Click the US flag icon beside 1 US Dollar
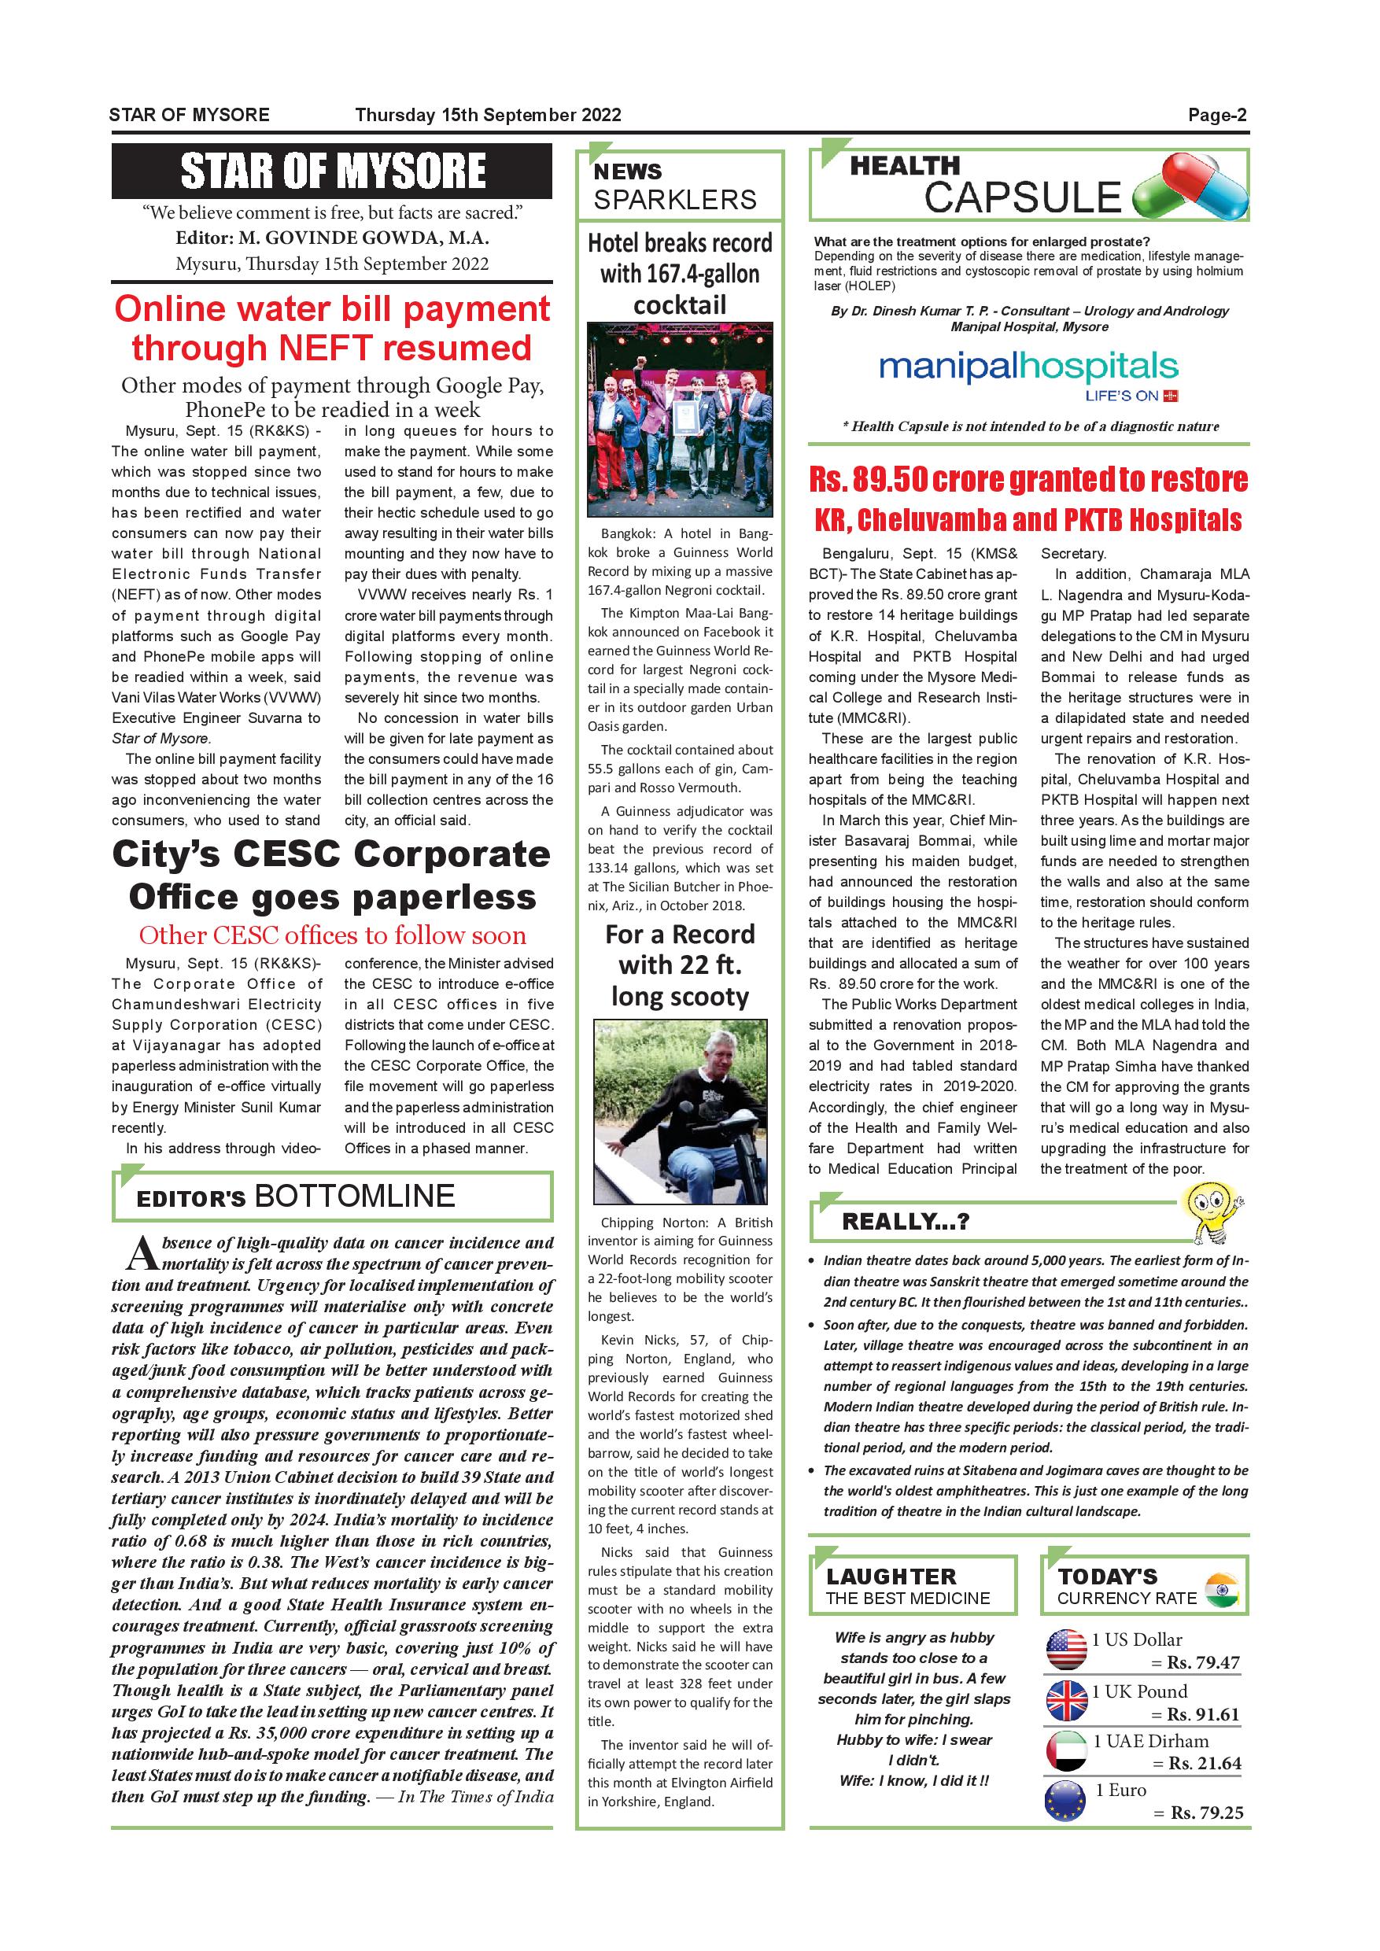coord(1065,1650)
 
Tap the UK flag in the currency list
coord(1065,1701)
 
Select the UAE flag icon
coord(1065,1751)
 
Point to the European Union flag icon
coord(1065,1802)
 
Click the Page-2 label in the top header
coord(1217,116)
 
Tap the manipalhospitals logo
coord(1028,374)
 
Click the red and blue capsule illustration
coord(1190,186)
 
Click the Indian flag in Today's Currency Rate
coord(1221,1590)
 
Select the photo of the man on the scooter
coord(680,1112)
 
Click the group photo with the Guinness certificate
coord(680,420)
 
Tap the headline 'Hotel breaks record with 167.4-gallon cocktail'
coord(680,274)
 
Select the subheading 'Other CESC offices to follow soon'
coord(332,935)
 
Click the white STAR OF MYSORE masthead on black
coord(332,171)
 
